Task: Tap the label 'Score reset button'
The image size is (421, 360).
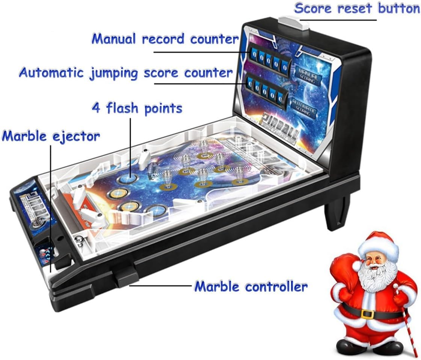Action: (357, 8)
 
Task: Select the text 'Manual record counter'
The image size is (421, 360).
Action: (165, 39)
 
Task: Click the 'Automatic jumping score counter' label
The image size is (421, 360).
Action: (126, 72)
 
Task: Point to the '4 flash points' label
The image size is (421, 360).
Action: (137, 108)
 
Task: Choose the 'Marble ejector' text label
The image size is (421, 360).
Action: (51, 136)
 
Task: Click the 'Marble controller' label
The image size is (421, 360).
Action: (251, 287)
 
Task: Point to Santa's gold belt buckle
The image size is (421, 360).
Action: (367, 313)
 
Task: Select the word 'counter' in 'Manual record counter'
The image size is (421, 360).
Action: (214, 39)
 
